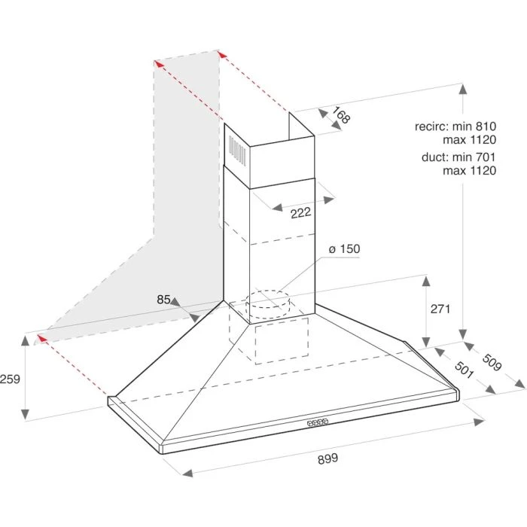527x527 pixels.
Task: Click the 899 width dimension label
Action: click(x=327, y=458)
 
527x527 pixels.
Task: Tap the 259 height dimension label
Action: click(x=10, y=379)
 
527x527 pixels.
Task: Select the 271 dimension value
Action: click(x=440, y=309)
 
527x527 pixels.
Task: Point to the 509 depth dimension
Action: click(x=492, y=362)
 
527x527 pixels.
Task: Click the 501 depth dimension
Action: click(x=465, y=370)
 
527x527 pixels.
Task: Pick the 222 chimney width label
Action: click(x=301, y=213)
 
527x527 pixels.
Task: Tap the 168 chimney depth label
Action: click(x=341, y=115)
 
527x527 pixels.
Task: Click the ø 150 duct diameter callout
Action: click(x=345, y=249)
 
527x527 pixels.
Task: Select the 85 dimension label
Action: click(x=163, y=299)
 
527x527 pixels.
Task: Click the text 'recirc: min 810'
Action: click(x=455, y=126)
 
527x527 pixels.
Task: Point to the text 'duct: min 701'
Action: click(x=458, y=157)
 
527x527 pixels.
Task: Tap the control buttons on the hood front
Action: click(x=317, y=422)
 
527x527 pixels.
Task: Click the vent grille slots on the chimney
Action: click(x=237, y=151)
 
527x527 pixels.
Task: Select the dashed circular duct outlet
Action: click(x=268, y=304)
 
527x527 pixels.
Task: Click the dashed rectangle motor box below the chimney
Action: click(x=282, y=341)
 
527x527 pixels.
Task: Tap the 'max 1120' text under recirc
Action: click(x=469, y=139)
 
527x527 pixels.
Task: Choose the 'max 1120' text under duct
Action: click(x=469, y=170)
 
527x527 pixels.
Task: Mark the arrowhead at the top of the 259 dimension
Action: click(x=25, y=340)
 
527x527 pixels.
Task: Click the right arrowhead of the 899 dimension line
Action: click(x=479, y=422)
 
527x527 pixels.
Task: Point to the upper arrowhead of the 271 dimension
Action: click(x=426, y=281)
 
